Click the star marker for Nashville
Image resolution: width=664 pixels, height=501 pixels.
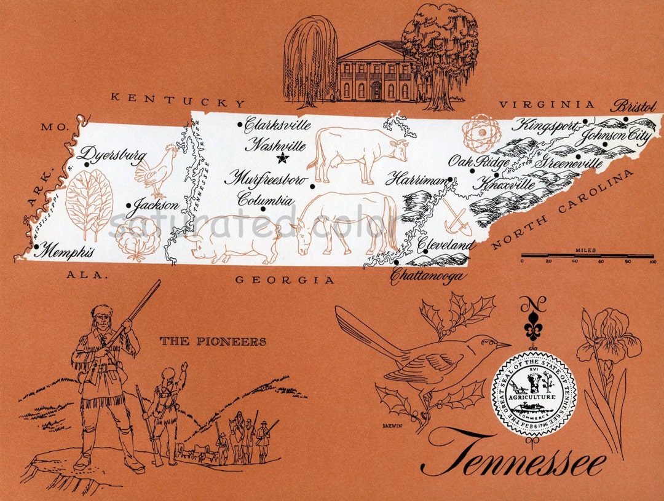point(282,158)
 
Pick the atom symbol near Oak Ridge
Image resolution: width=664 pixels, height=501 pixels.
point(481,131)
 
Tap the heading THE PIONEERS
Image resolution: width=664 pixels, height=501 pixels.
point(213,341)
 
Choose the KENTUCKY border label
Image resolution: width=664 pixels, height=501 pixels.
point(178,99)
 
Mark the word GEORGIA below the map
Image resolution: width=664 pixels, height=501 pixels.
point(285,280)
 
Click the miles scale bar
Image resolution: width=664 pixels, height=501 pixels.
point(587,255)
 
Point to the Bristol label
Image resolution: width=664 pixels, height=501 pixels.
point(634,106)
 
